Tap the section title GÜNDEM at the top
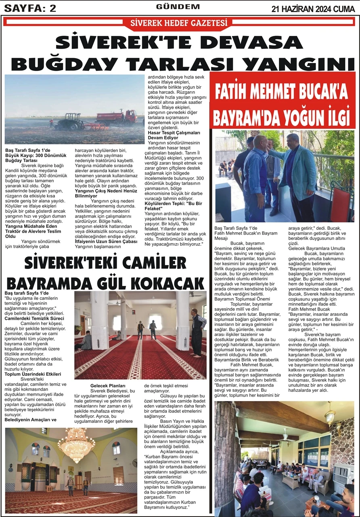click(x=178, y=7)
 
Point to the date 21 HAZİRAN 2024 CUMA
click(x=313, y=8)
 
